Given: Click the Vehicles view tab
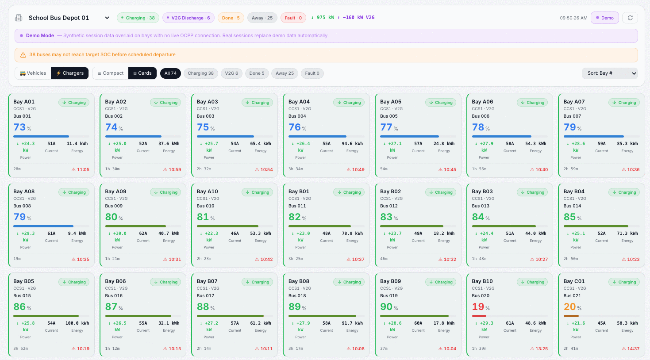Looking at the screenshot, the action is (33, 73).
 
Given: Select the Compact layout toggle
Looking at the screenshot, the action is (110, 73).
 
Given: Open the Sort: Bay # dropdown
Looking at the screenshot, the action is (610, 73).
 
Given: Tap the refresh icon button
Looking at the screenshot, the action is (630, 18).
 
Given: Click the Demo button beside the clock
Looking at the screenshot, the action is (605, 18).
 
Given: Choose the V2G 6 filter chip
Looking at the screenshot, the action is (231, 73).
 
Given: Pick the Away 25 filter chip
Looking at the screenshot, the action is (285, 73).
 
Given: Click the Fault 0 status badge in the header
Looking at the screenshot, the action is (293, 18).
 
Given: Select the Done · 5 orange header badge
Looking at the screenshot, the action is (231, 18).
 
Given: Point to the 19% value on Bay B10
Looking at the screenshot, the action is (481, 306).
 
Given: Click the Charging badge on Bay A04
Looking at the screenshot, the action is (349, 103).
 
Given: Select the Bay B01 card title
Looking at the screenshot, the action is (299, 191).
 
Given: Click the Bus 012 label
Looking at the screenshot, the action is (389, 206).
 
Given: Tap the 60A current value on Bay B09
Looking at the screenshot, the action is (418, 323).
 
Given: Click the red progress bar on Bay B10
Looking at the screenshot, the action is (479, 316).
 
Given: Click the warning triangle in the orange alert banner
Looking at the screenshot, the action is (23, 55).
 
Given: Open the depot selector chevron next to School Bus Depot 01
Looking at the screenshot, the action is (107, 18).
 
